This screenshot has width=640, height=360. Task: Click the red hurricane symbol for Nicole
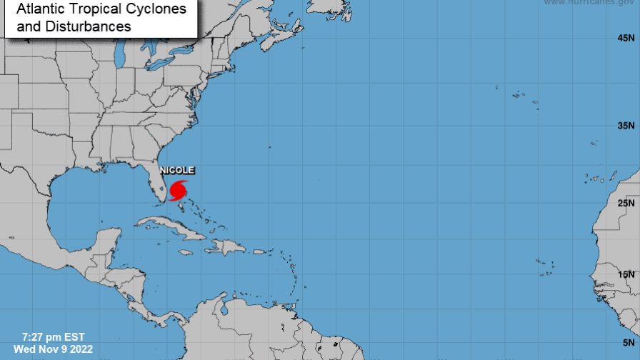(178, 191)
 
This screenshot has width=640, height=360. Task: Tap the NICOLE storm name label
(176, 170)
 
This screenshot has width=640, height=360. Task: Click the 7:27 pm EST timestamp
(54, 337)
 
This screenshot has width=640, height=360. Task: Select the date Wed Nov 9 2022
(53, 349)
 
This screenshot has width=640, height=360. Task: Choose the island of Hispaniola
(226, 248)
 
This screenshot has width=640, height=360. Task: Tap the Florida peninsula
(156, 187)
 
